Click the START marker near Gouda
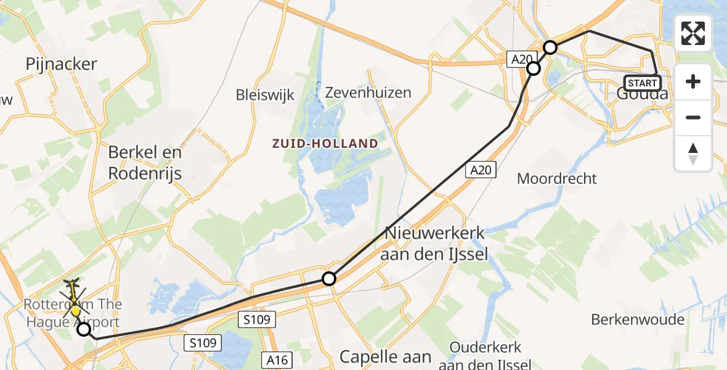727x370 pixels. [x=643, y=83]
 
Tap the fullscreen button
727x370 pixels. [x=693, y=33]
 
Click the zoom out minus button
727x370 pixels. [x=693, y=117]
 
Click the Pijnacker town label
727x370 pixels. [x=62, y=64]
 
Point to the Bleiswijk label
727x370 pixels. [x=265, y=95]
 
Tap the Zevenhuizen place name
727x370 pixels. [x=368, y=92]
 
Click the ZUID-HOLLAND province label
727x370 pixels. [x=325, y=144]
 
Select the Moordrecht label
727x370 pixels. [x=557, y=179]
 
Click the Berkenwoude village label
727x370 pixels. [x=638, y=319]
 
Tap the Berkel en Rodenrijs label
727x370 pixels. [x=145, y=163]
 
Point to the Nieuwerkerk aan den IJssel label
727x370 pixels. [x=436, y=244]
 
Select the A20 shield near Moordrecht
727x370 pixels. [x=481, y=170]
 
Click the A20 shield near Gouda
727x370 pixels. [x=521, y=59]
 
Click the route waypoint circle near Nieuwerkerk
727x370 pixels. [x=330, y=279]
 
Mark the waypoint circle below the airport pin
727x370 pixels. [x=83, y=329]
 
